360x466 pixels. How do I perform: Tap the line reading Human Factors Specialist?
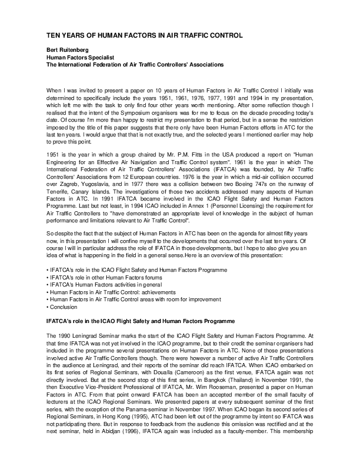pos(79,58)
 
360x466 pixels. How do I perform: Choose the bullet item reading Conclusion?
pos(65,307)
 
